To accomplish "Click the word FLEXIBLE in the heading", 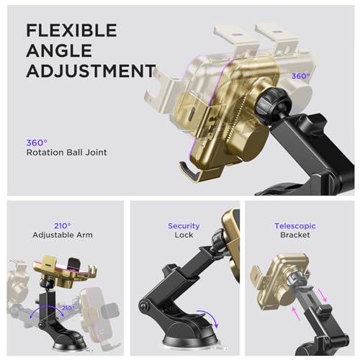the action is tap(71, 30).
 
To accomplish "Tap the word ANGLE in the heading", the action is tap(59, 50).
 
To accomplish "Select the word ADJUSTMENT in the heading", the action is tap(91, 71).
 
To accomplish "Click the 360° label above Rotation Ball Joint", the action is tap(37, 143).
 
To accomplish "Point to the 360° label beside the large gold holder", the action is tap(301, 76).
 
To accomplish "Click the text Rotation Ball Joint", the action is tap(67, 153).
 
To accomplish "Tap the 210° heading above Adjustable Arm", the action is tap(63, 226).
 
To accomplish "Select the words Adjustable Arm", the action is tap(63, 235).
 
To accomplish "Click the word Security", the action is tap(184, 226).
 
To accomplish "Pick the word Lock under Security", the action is tap(184, 235).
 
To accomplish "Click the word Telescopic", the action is tap(295, 226).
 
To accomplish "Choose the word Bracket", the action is tap(295, 235).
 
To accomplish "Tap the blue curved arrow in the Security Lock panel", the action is tap(210, 316).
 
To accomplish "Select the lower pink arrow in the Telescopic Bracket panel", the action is tap(296, 313).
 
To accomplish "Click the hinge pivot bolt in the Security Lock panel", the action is tap(144, 306).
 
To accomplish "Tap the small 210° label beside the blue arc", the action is tap(68, 307).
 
